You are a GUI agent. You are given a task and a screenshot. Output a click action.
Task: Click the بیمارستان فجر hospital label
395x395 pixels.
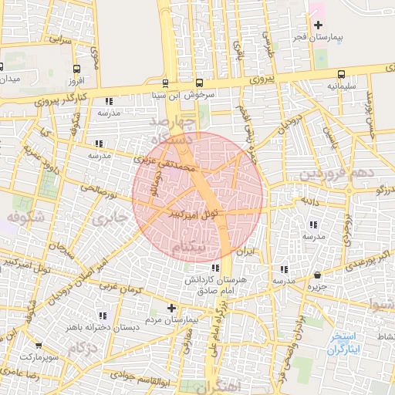tap(317, 37)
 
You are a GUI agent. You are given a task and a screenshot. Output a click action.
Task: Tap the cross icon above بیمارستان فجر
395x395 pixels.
tap(318, 25)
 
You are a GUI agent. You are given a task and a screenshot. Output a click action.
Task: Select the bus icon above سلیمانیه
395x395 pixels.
tap(341, 74)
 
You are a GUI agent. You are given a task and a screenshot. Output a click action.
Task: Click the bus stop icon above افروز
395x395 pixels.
tap(75, 67)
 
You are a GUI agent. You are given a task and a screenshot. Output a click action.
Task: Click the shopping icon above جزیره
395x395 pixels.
tap(317, 275)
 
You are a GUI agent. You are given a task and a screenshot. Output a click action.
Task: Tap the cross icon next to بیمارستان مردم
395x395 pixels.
tap(160, 308)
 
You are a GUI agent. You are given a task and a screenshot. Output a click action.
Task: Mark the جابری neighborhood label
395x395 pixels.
tap(107, 219)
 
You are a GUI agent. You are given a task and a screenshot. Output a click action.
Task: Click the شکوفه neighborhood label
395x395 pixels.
tap(23, 218)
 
